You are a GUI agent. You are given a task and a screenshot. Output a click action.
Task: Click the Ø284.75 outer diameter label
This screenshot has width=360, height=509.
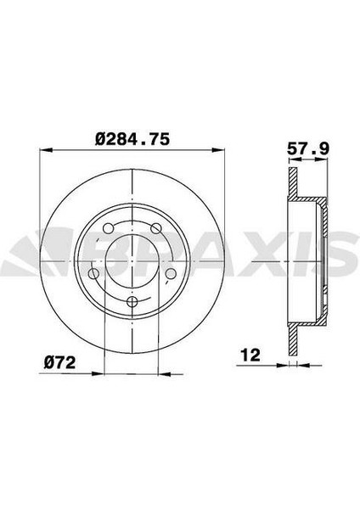click(x=134, y=140)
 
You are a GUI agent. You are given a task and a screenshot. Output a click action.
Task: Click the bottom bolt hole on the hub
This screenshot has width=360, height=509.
click(x=134, y=303)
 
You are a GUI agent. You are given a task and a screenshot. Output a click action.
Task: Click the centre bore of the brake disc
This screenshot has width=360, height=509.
click(x=134, y=259)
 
